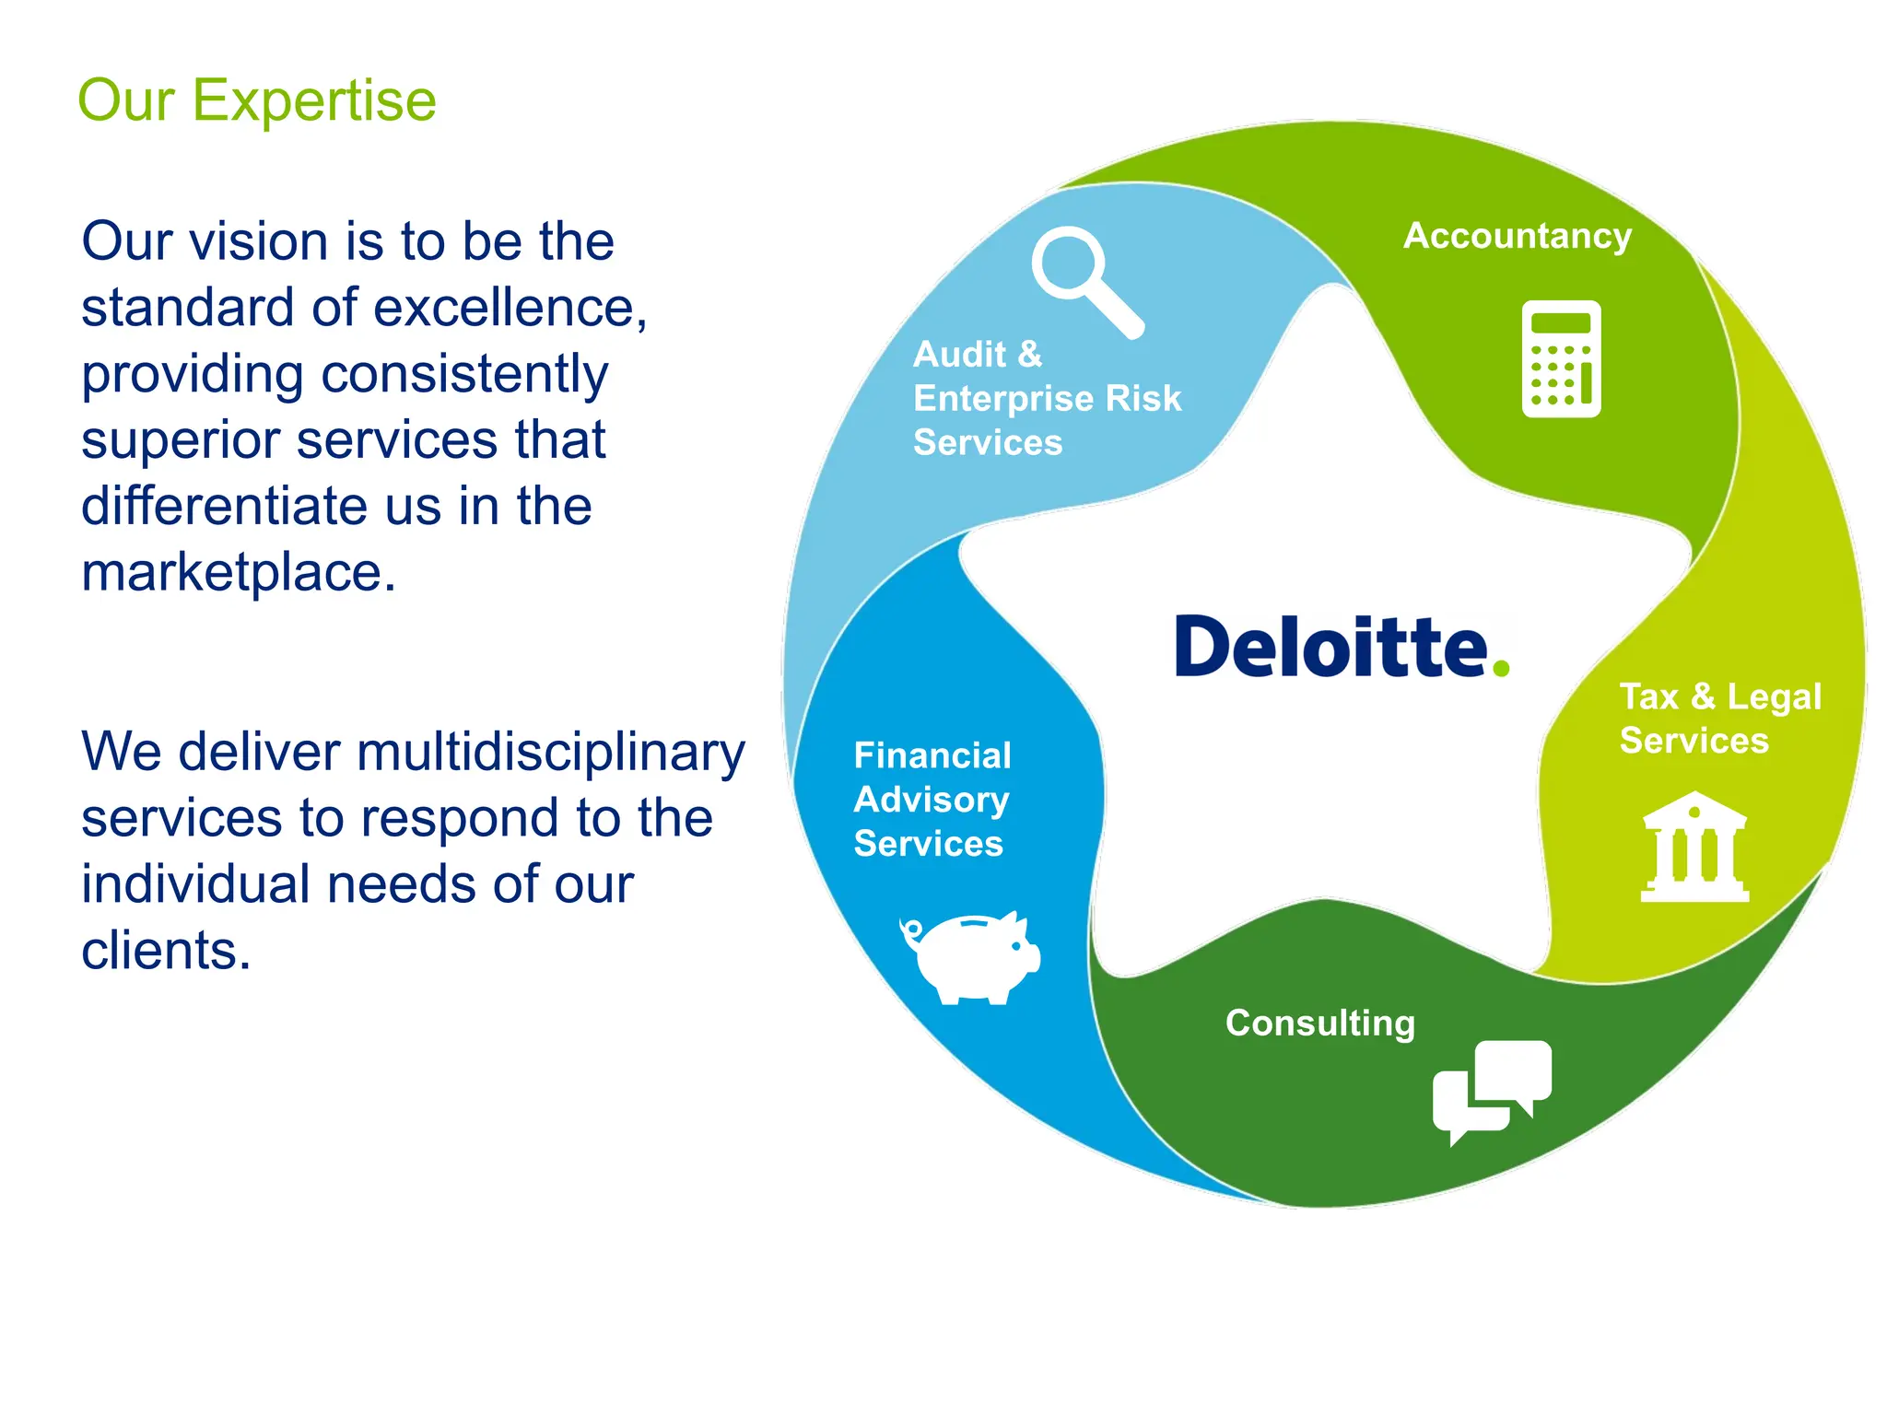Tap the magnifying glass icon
(x=1085, y=280)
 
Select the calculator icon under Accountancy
(x=1561, y=359)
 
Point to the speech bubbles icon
(x=1493, y=1090)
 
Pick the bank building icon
(x=1694, y=847)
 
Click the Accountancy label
(x=1517, y=236)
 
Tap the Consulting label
(x=1319, y=1023)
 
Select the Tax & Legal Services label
(x=1719, y=719)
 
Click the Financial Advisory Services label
(x=932, y=800)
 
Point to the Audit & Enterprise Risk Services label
(x=1046, y=399)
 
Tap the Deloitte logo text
(x=1330, y=647)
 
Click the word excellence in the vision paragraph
(x=504, y=308)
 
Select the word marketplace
(x=238, y=573)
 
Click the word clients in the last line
(x=166, y=951)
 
